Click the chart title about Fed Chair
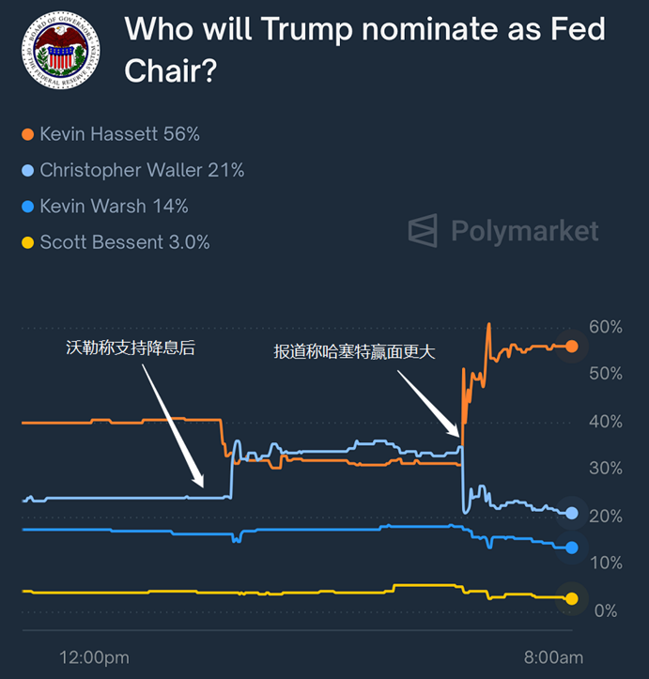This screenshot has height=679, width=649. coord(364,49)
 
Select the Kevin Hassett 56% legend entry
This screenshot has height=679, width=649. coord(119,134)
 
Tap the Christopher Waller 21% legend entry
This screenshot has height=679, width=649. coord(142,170)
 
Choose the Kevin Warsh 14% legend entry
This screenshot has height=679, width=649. coord(114,206)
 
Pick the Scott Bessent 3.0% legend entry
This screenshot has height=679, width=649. coord(124,242)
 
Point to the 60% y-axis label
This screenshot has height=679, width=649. coord(605,327)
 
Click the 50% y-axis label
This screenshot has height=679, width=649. coord(605,374)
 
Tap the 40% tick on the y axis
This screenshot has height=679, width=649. coord(605,422)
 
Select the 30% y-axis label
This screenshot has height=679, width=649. coord(605,469)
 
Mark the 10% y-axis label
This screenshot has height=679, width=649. coord(605,563)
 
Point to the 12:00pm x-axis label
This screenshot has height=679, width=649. coord(94,656)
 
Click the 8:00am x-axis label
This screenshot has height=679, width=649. coord(552,656)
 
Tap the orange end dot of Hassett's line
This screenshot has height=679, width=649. coord(572,346)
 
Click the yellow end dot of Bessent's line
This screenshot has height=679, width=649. coord(572,597)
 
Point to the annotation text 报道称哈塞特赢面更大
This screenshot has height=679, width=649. coord(355,351)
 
